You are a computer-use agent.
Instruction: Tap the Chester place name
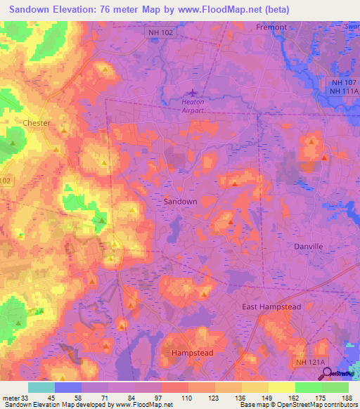37,123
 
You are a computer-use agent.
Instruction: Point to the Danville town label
308,247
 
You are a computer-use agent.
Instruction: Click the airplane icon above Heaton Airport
193,92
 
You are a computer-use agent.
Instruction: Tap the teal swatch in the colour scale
41,387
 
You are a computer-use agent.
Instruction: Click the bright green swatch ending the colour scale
335,387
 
